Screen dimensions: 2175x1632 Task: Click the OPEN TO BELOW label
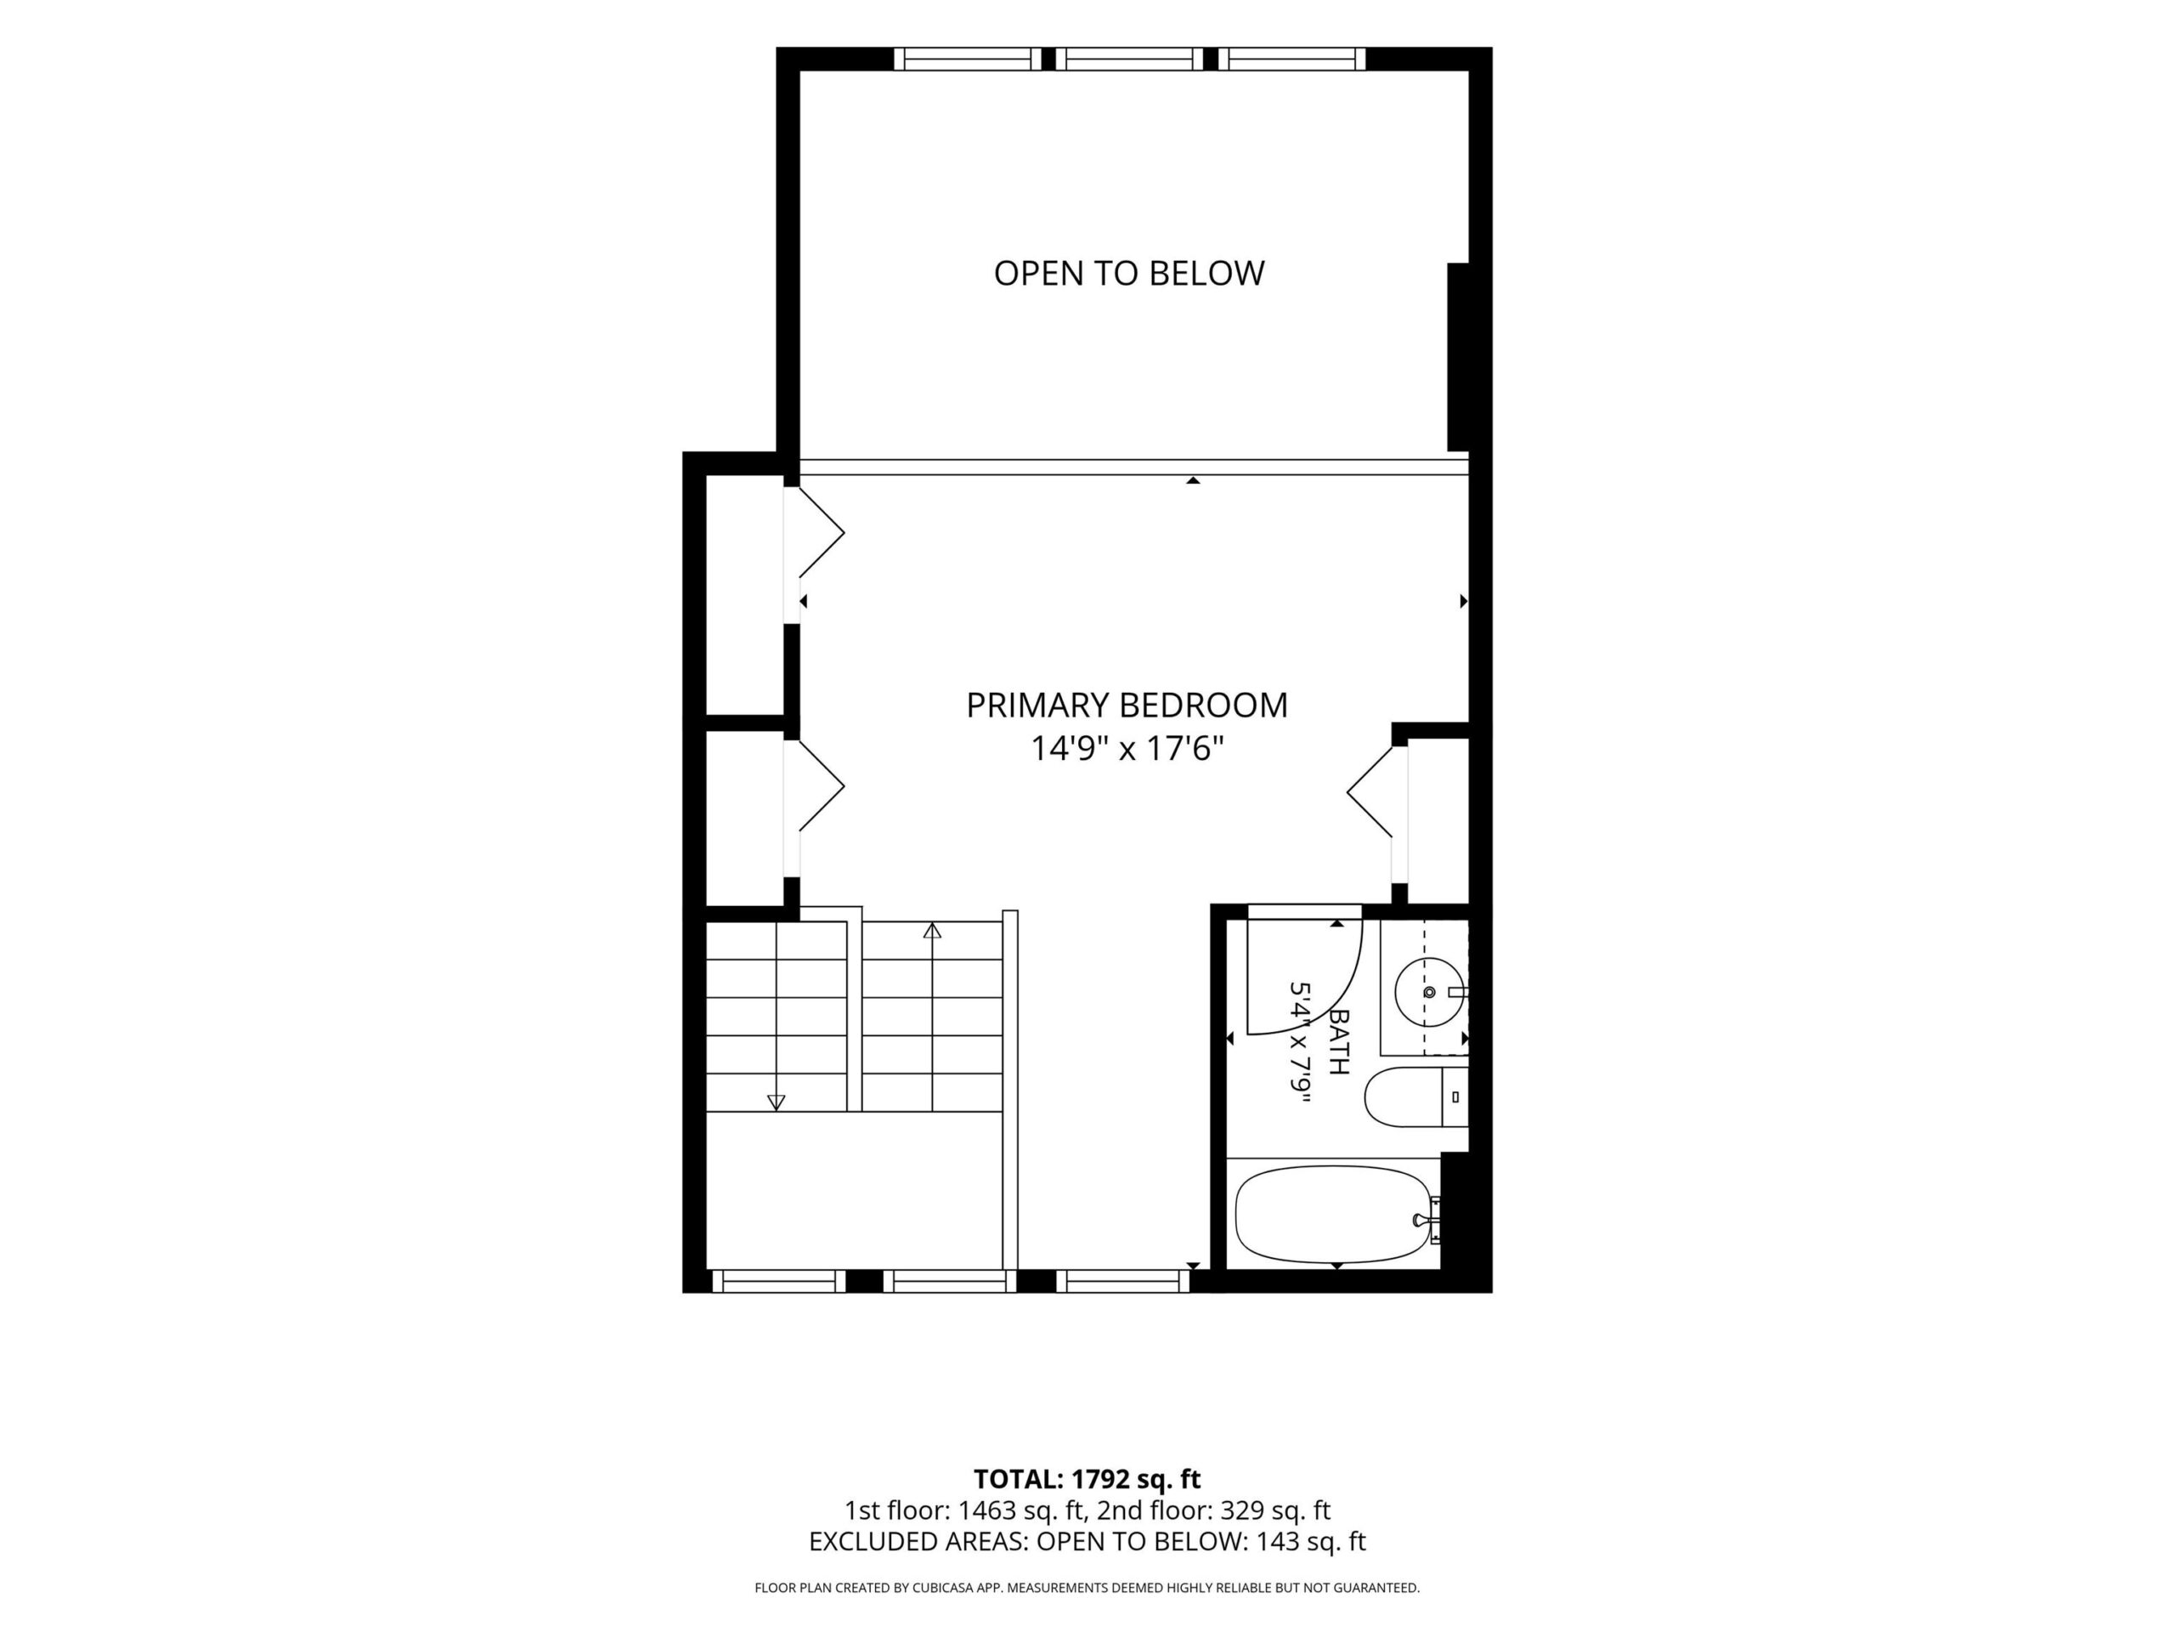click(x=1129, y=274)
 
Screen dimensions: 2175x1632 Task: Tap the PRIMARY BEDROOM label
click(x=1127, y=705)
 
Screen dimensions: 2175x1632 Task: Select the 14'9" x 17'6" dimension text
click(x=1127, y=750)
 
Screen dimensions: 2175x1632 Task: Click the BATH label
click(x=1338, y=1042)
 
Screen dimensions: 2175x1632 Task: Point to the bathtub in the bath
click(x=1333, y=1214)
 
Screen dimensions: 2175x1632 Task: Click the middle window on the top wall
click(x=1135, y=59)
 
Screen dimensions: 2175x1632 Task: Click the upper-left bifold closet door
click(x=821, y=532)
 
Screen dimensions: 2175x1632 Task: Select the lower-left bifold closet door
click(x=821, y=786)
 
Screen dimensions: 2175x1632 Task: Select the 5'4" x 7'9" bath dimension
click(x=1301, y=1042)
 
